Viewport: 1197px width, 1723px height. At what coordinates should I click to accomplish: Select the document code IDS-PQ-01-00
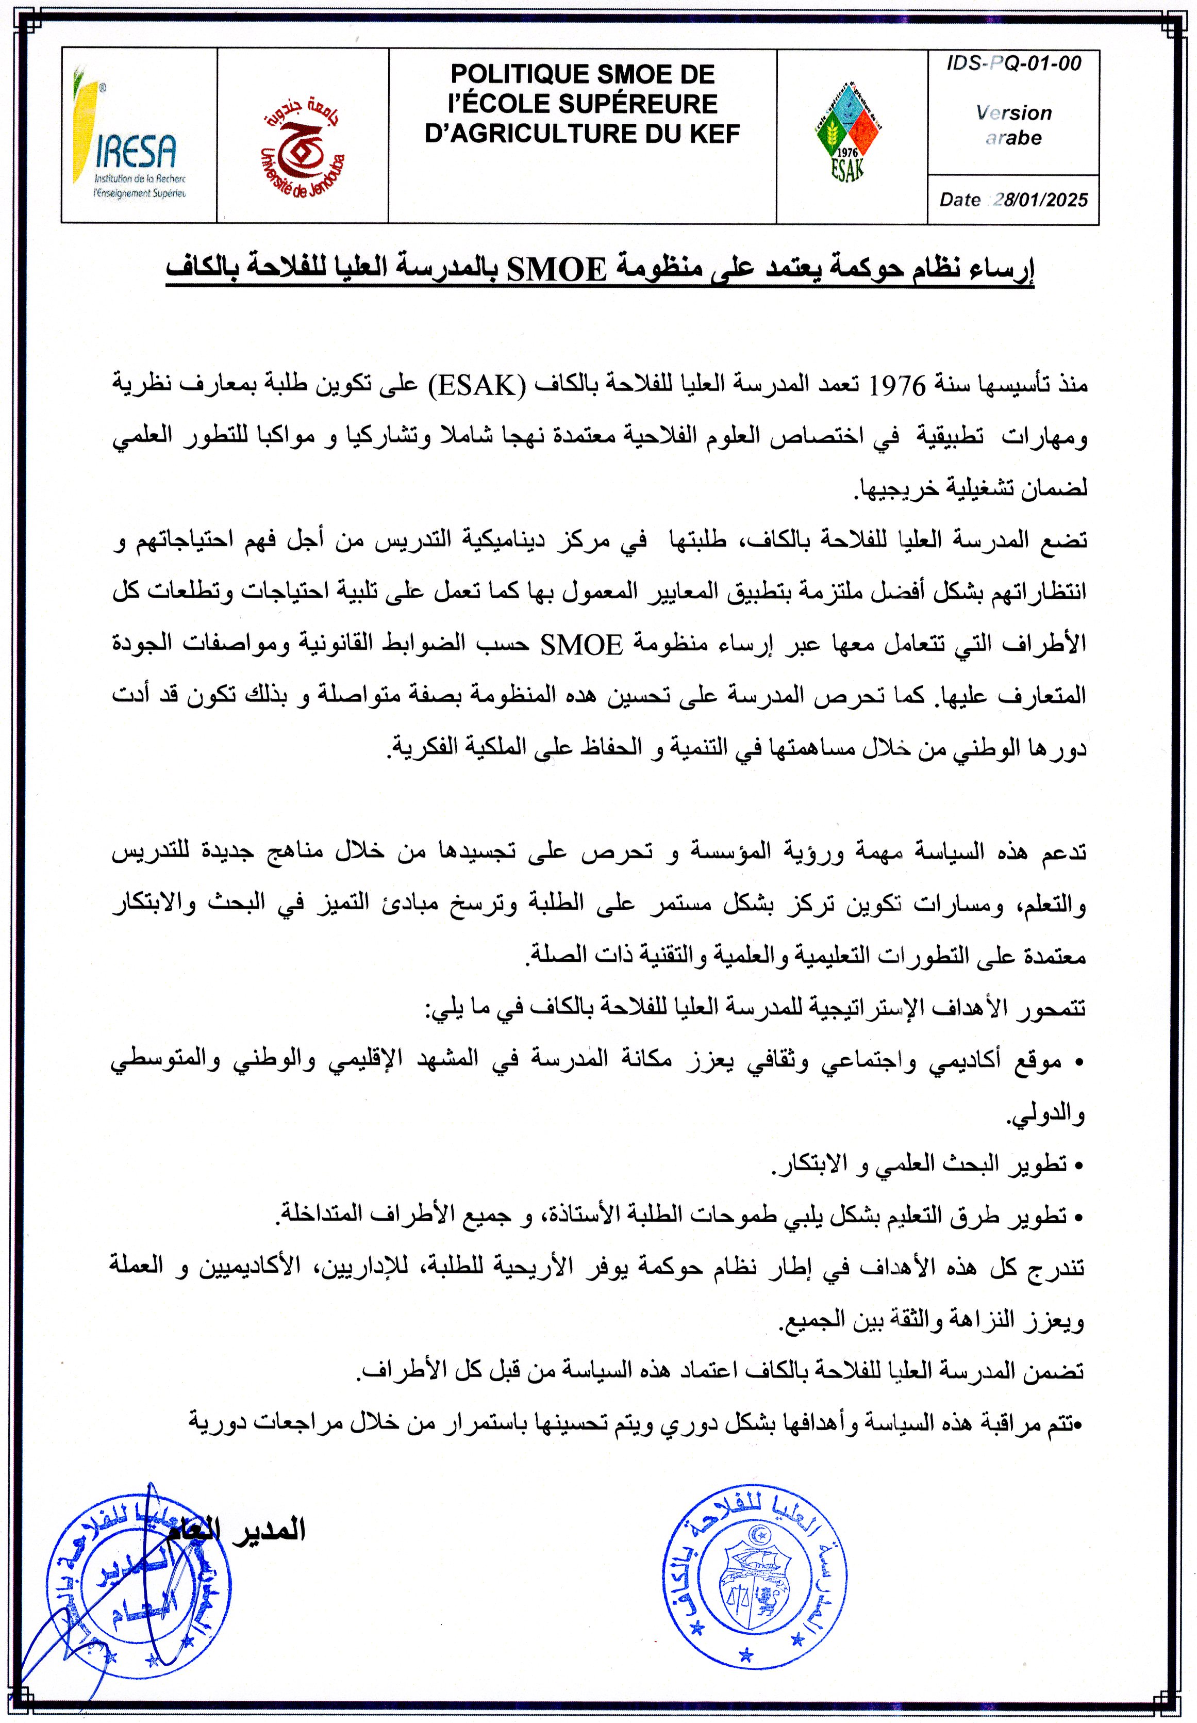click(1013, 64)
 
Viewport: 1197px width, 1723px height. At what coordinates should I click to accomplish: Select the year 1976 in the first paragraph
click(897, 386)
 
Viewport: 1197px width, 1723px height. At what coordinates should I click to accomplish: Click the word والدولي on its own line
click(1045, 1115)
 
